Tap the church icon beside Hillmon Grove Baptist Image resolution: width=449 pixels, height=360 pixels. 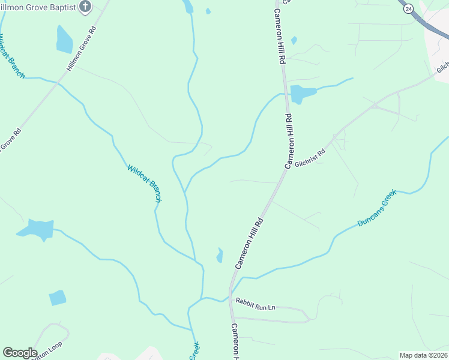(85, 7)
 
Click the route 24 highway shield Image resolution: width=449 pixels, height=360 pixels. (408, 8)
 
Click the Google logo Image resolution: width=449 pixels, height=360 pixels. (20, 352)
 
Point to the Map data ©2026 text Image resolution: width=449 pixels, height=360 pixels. (423, 355)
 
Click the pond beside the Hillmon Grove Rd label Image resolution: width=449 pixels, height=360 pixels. (64, 40)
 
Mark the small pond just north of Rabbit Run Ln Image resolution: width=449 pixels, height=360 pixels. (220, 256)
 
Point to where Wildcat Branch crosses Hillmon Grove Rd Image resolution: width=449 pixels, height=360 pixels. (59, 83)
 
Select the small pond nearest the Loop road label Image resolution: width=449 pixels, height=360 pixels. (57, 298)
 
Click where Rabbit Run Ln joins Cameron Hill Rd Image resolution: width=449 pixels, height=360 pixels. (230, 300)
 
